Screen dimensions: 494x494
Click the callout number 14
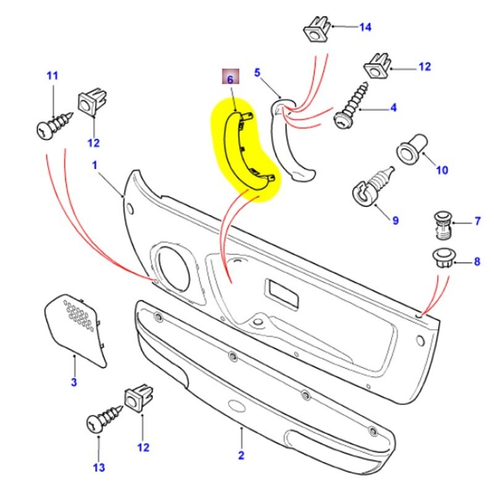tap(365, 27)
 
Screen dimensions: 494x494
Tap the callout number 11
tap(52, 76)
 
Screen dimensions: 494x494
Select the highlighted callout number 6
tap(230, 79)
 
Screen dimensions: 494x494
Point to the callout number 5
tap(257, 73)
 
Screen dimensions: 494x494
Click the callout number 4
tap(393, 109)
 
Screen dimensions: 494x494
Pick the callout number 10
tap(442, 170)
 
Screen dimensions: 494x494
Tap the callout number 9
tap(395, 220)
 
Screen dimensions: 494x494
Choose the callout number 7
tap(477, 221)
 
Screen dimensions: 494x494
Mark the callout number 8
tap(477, 262)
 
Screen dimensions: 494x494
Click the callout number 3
tap(73, 382)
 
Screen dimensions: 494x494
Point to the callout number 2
tap(241, 456)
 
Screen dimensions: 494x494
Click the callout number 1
tap(95, 165)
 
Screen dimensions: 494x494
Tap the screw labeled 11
tap(54, 126)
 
